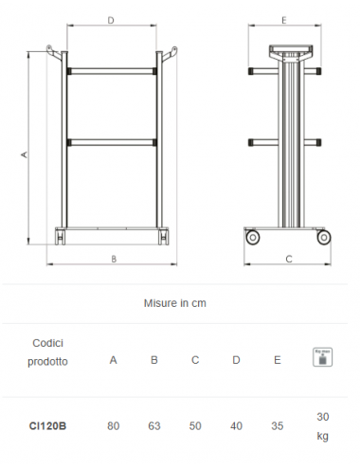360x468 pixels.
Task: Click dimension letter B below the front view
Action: tap(113, 258)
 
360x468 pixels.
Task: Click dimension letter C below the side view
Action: tap(288, 258)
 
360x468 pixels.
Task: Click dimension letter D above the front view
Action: tap(112, 19)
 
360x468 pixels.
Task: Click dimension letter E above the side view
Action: tap(285, 19)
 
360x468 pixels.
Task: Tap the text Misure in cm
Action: tap(175, 304)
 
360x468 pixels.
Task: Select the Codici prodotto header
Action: tap(47, 351)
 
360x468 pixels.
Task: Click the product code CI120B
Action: tap(47, 426)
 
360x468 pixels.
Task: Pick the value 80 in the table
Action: tap(114, 426)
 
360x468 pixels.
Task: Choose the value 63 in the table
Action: tap(154, 426)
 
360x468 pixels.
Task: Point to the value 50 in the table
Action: tap(195, 426)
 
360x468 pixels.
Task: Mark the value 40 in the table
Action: tap(236, 426)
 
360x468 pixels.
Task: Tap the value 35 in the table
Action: tap(277, 426)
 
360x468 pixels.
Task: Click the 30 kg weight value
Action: tap(321, 426)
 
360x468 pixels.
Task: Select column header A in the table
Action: tap(114, 360)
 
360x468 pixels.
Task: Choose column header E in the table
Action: tap(277, 360)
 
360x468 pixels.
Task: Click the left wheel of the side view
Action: tap(253, 237)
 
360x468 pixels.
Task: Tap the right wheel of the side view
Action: tap(322, 237)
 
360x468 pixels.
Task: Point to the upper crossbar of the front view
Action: tap(112, 72)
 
